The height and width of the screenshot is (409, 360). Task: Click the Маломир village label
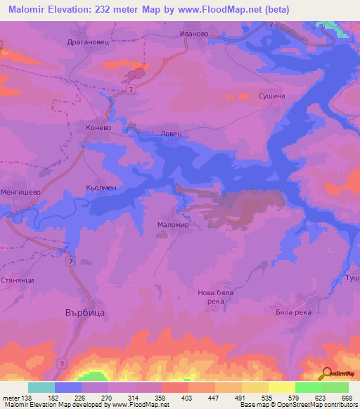click(x=170, y=225)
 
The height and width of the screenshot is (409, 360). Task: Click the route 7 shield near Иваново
click(x=271, y=25)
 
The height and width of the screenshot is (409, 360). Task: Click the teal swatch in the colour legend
click(x=41, y=387)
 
